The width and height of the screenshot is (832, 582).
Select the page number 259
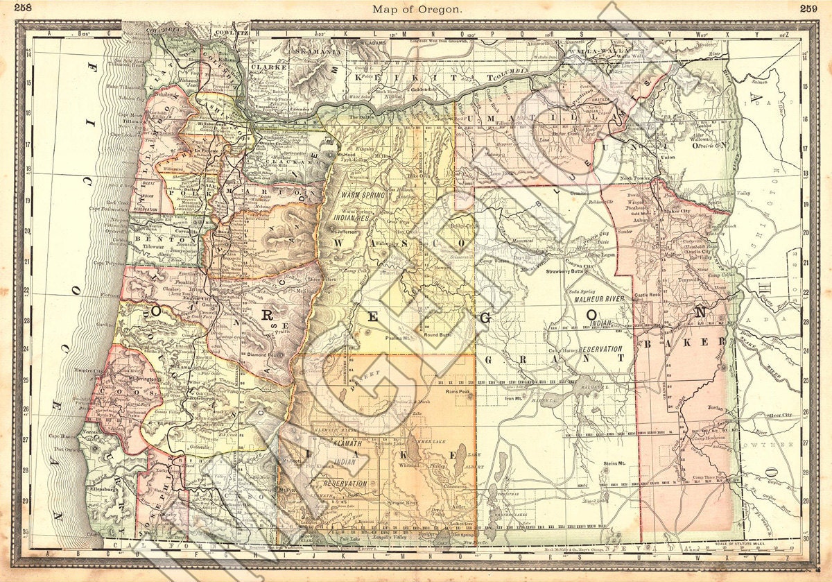click(x=808, y=8)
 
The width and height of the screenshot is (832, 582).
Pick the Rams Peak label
click(x=458, y=391)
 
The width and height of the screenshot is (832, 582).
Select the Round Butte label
click(x=437, y=334)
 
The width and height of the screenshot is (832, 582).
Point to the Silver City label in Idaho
click(x=779, y=415)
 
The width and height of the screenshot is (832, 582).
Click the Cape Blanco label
click(x=62, y=436)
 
